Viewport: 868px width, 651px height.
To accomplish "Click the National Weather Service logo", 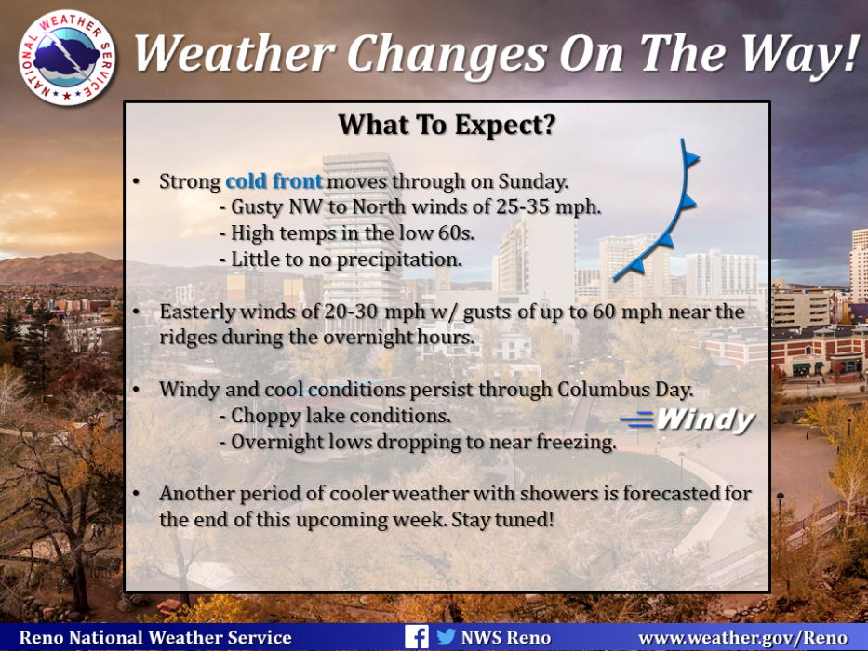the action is pyautogui.click(x=66, y=58).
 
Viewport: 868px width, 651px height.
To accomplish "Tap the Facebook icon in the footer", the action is pyautogui.click(x=416, y=637).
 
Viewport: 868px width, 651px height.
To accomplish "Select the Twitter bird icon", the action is pyautogui.click(x=446, y=637).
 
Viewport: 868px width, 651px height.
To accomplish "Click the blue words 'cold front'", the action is pyautogui.click(x=274, y=181).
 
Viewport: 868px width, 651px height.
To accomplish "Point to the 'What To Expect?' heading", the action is pyautogui.click(x=447, y=125).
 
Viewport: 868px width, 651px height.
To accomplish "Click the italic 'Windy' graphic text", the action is pyautogui.click(x=705, y=420).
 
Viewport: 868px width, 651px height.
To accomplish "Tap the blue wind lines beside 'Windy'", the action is pyautogui.click(x=636, y=419).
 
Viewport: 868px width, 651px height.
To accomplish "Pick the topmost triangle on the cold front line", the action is pyautogui.click(x=691, y=159).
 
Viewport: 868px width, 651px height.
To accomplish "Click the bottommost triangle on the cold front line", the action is pyautogui.click(x=637, y=266).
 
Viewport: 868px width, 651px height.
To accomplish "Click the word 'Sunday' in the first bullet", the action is pyautogui.click(x=532, y=181).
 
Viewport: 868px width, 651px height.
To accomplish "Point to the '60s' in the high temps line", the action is pyautogui.click(x=456, y=233).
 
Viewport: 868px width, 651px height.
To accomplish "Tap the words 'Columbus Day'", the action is pyautogui.click(x=624, y=389).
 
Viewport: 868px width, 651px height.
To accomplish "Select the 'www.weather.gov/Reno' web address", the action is pyautogui.click(x=743, y=638).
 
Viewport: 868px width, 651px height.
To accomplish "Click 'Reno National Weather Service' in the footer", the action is pyautogui.click(x=155, y=638).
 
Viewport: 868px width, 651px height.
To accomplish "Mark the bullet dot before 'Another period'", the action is pyautogui.click(x=136, y=493).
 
